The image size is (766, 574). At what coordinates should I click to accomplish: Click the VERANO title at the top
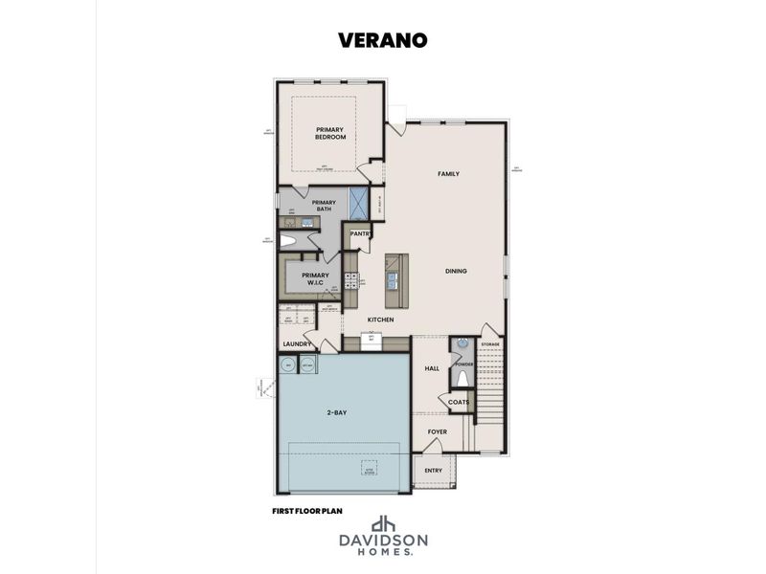click(382, 39)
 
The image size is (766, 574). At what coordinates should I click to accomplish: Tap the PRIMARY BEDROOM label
click(330, 133)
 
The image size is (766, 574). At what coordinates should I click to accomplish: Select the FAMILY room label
click(448, 174)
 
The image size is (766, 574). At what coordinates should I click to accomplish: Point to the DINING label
click(456, 271)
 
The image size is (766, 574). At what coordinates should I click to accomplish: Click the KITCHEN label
click(381, 320)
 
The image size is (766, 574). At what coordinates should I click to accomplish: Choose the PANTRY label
click(361, 233)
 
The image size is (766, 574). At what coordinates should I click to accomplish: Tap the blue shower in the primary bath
click(359, 203)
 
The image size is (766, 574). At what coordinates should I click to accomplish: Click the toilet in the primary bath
click(288, 241)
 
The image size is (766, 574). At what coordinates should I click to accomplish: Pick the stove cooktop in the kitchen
click(351, 280)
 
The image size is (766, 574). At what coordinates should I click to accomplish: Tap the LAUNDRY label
click(297, 344)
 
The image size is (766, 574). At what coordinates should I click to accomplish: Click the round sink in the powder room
click(462, 344)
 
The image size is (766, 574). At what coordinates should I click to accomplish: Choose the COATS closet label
click(459, 403)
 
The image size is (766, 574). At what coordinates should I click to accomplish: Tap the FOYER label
click(438, 431)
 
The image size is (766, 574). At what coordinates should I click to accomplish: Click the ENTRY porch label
click(434, 472)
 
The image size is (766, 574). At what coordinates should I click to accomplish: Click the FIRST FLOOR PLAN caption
click(307, 512)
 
